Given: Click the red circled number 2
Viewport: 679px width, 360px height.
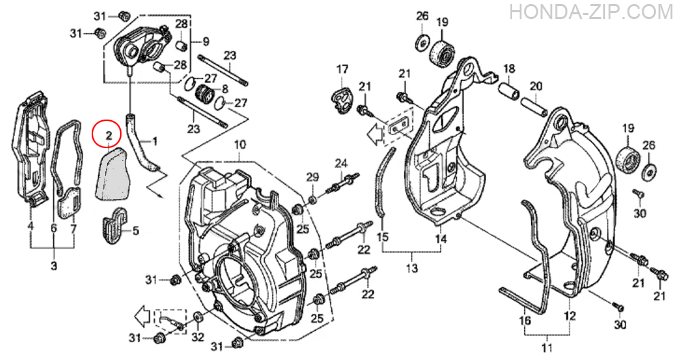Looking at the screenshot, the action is click(109, 134).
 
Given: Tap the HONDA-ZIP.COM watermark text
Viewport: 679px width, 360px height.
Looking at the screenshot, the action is click(591, 12).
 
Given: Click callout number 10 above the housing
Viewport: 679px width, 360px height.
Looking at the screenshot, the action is click(240, 145).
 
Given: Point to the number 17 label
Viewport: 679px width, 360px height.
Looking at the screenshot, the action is click(342, 69).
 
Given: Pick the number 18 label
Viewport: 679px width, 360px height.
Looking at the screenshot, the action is click(510, 69).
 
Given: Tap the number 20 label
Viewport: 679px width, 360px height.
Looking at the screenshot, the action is click(536, 86).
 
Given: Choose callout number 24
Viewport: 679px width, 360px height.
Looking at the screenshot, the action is click(341, 163).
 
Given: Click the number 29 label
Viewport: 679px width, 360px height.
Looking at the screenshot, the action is click(312, 177).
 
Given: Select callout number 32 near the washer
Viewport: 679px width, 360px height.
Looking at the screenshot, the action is click(198, 337).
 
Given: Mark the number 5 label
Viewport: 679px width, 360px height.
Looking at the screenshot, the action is click(136, 230).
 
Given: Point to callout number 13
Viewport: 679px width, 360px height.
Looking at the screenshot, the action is click(412, 268).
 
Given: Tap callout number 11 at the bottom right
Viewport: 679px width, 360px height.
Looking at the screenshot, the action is click(547, 348).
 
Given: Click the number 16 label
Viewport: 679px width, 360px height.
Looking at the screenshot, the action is click(525, 321).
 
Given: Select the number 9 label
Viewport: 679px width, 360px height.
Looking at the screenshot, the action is click(206, 41).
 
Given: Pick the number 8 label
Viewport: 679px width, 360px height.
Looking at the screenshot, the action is click(224, 89).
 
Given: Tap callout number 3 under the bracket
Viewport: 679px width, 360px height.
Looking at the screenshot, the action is click(54, 265).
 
